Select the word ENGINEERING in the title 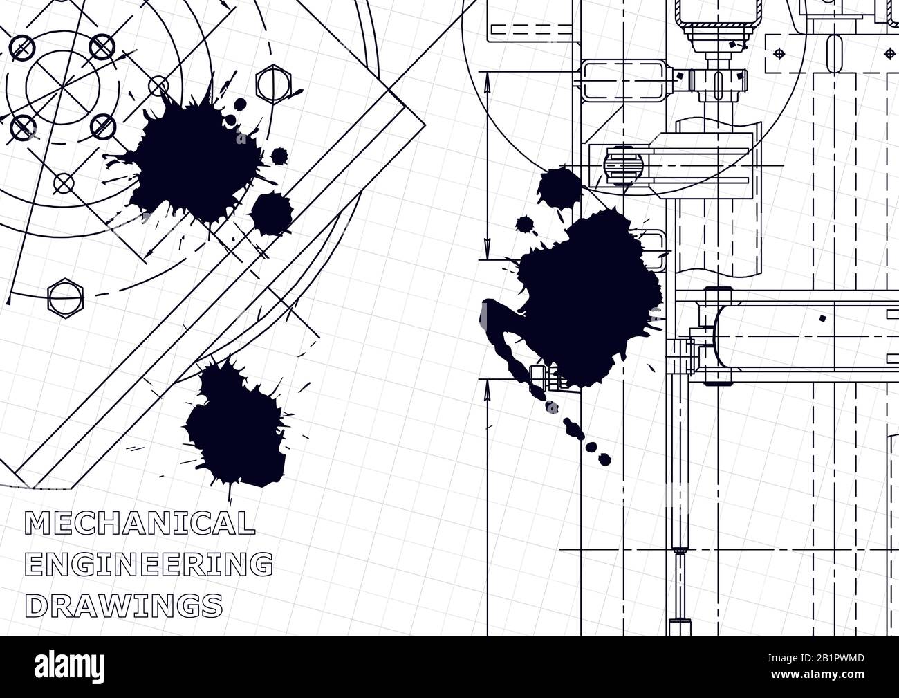click(x=148, y=564)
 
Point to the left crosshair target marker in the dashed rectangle click(x=779, y=53)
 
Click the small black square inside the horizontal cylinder click(x=822, y=319)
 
